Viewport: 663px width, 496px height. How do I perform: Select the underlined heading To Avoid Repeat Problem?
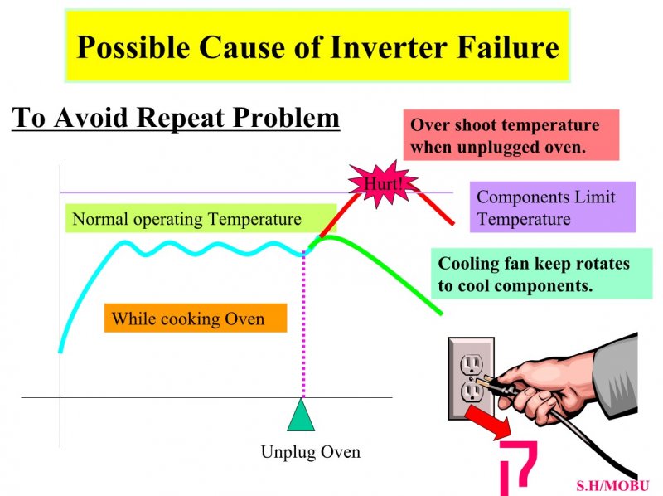pyautogui.click(x=176, y=118)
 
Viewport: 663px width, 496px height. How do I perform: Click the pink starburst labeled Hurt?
pyautogui.click(x=383, y=184)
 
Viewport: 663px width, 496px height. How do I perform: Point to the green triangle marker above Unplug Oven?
pyautogui.click(x=301, y=416)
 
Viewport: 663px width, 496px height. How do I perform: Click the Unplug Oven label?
pyautogui.click(x=311, y=452)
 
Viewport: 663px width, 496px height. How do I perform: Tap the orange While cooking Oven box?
pyautogui.click(x=196, y=318)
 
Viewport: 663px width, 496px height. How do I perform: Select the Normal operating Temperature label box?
pyautogui.click(x=201, y=219)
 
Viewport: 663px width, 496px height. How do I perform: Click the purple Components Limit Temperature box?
pyautogui.click(x=553, y=207)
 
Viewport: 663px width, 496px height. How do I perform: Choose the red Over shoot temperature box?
pyautogui.click(x=511, y=135)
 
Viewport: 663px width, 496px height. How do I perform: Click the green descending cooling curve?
pyautogui.click(x=380, y=262)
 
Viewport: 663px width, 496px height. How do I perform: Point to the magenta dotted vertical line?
pyautogui.click(x=303, y=326)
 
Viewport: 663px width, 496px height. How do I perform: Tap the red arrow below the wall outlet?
pyautogui.click(x=488, y=422)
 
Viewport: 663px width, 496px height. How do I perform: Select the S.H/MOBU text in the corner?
pyautogui.click(x=612, y=486)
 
